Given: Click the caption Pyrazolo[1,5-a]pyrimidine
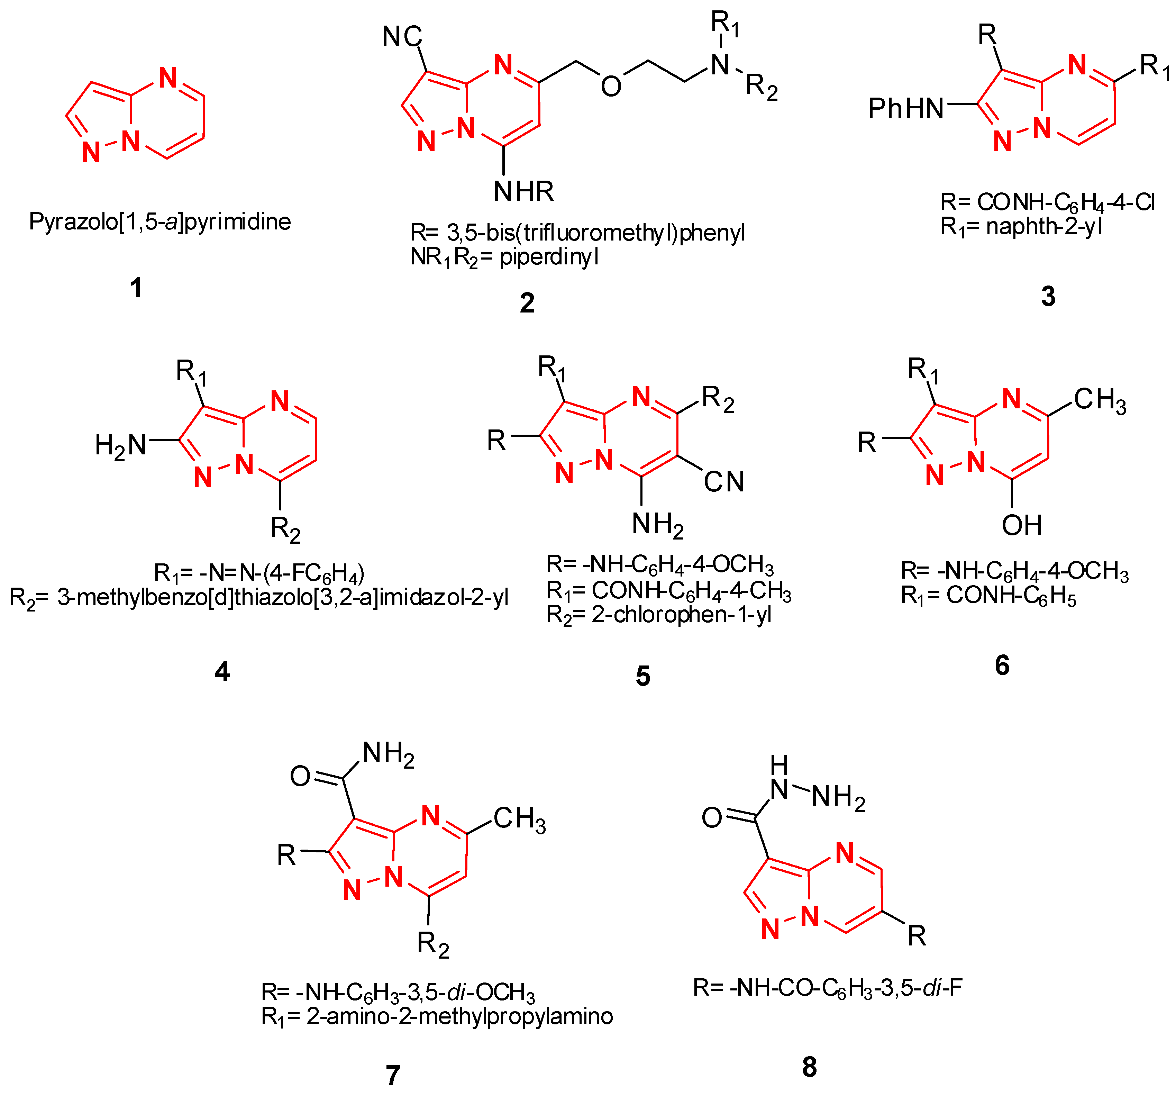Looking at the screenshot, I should click(160, 222).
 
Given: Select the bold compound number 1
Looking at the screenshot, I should click(136, 288).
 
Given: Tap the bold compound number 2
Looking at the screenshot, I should click(527, 303).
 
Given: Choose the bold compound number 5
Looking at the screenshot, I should click(643, 676).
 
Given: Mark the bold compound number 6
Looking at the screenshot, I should click(1002, 665).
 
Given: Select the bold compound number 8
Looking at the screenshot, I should click(809, 1067).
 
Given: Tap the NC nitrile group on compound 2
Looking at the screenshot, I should click(402, 37).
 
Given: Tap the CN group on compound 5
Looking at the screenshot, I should click(723, 482).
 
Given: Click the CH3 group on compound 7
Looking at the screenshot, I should click(519, 819).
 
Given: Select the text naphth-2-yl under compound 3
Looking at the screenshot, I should click(1044, 226).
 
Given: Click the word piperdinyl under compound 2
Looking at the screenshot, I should click(549, 257).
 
